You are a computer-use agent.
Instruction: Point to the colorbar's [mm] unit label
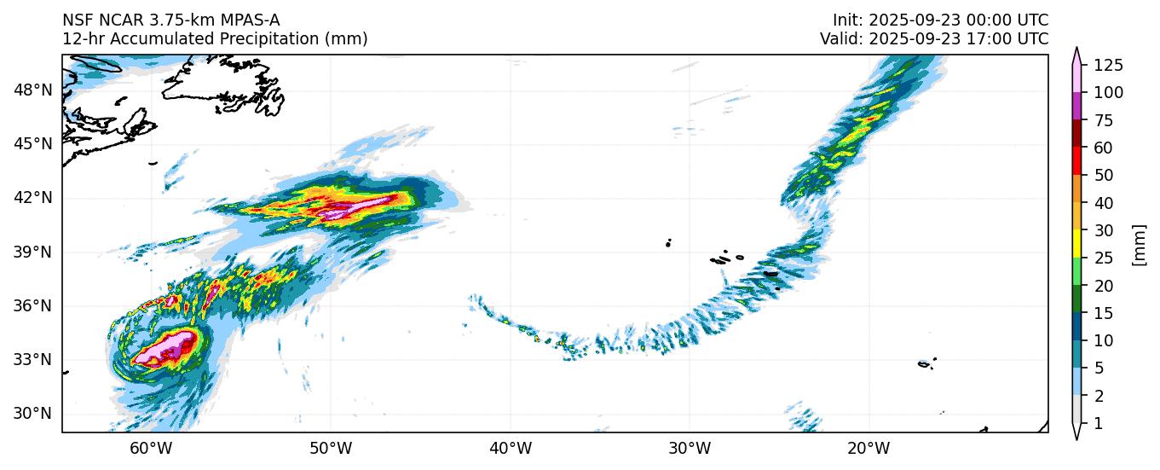click(x=1140, y=245)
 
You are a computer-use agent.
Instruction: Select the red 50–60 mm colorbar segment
click(x=1077, y=161)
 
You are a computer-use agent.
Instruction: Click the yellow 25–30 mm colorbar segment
click(x=1077, y=244)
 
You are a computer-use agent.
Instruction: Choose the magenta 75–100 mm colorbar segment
click(x=1077, y=106)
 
